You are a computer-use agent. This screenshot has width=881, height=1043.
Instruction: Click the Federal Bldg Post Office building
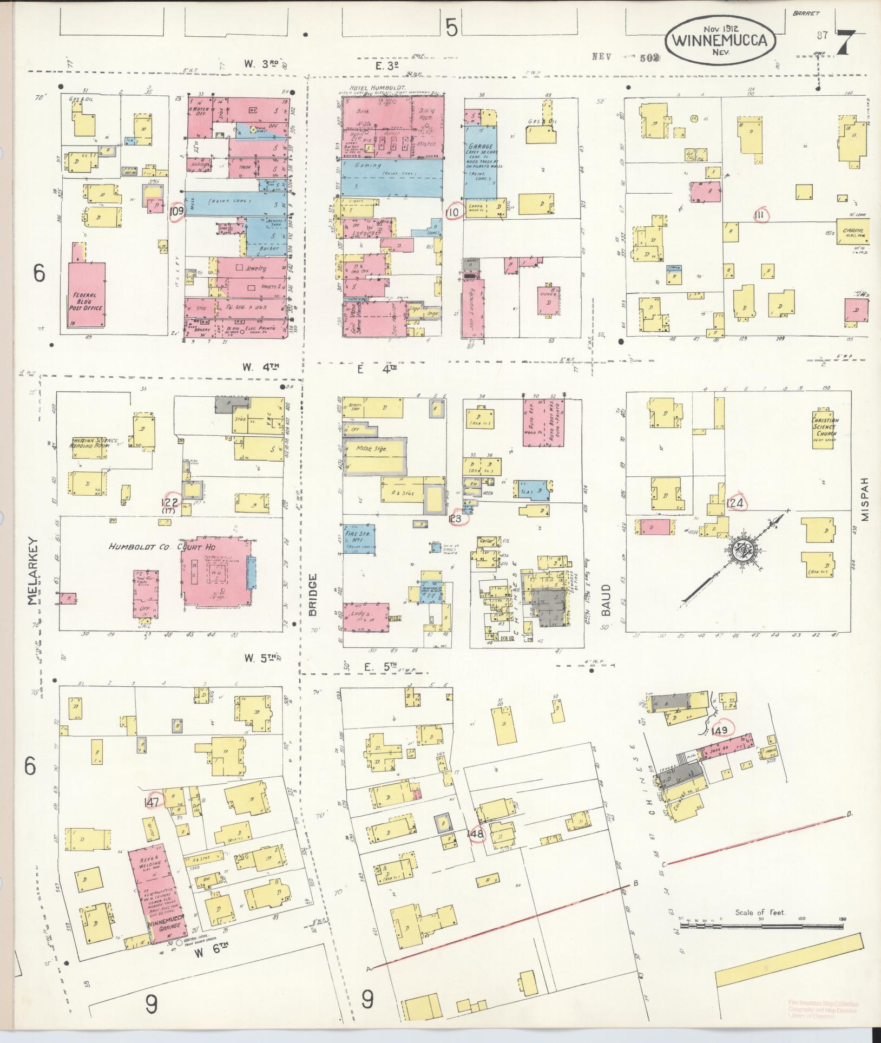(x=87, y=295)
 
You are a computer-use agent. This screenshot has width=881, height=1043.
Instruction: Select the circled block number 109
(x=176, y=211)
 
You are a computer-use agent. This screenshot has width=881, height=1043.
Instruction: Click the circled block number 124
(x=737, y=503)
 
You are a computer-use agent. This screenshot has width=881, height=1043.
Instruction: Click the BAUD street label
(x=606, y=601)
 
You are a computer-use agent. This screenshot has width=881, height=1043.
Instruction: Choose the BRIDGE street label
(x=313, y=594)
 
